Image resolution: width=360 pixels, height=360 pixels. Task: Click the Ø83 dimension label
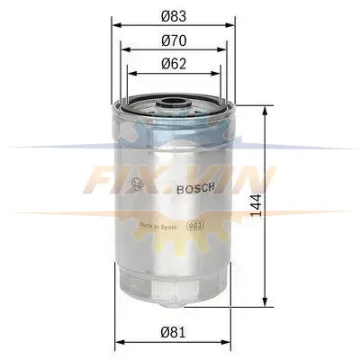174,16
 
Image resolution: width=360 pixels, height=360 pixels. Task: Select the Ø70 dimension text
174,40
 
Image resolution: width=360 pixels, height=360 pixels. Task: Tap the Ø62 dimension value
174,64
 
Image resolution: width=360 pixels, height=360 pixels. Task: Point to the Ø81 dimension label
173,332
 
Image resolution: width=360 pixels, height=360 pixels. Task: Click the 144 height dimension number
256,205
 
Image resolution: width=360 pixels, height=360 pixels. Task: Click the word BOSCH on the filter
195,188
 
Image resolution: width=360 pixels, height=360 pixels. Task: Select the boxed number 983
195,226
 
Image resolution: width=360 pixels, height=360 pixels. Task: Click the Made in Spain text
157,226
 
